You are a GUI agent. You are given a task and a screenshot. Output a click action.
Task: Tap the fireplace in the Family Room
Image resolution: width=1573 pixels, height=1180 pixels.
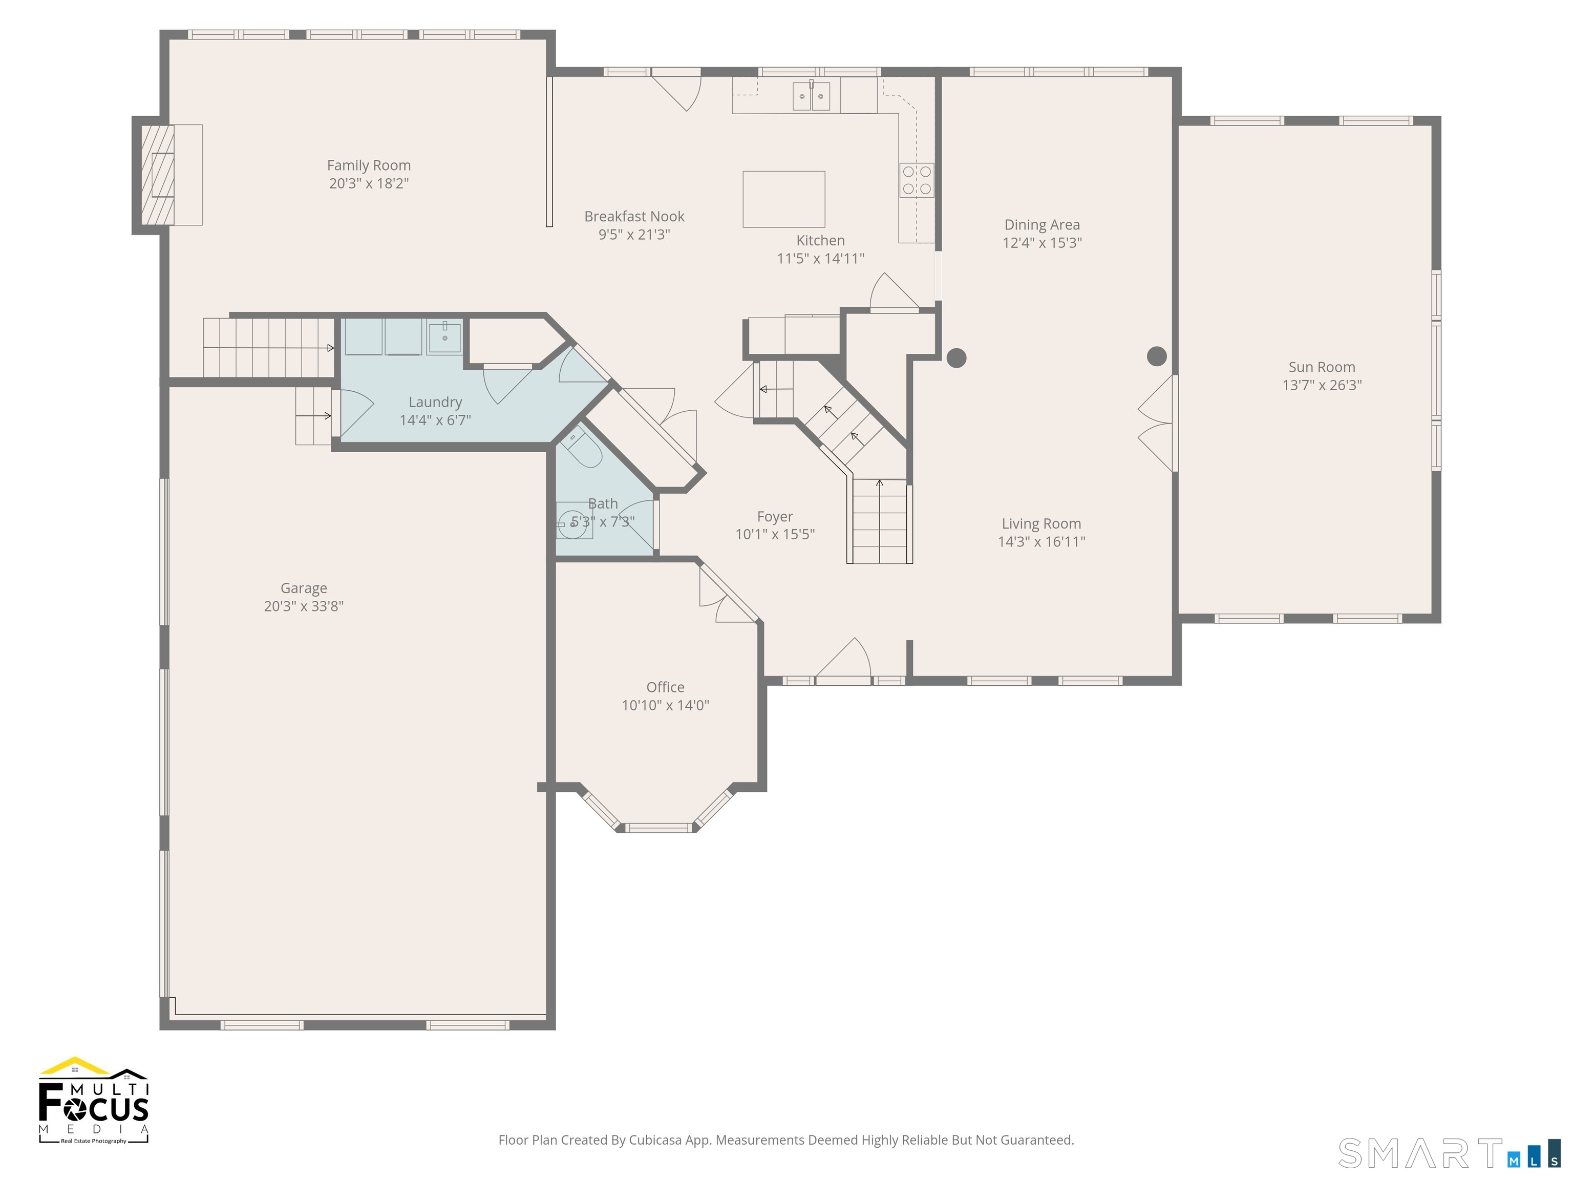click(158, 175)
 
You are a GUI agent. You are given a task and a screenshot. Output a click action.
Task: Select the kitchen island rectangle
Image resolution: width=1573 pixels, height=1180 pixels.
click(783, 199)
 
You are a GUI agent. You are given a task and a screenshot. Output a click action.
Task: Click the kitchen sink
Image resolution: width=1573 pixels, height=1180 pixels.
click(812, 95)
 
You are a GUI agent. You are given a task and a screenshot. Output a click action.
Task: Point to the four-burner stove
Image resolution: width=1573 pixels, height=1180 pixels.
click(917, 180)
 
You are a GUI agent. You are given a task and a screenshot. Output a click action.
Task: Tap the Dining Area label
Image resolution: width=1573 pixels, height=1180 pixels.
click(1042, 225)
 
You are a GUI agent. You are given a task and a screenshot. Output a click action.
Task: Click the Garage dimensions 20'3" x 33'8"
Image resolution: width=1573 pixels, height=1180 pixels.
click(304, 606)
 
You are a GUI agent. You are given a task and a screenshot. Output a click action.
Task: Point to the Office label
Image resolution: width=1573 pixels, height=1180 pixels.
click(665, 687)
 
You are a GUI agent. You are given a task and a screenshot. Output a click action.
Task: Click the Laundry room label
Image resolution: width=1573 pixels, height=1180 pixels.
click(435, 403)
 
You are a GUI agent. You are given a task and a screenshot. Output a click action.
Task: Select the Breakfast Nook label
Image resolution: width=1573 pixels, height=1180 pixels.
click(634, 216)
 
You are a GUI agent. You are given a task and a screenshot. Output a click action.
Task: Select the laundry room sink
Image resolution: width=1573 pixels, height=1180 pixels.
click(444, 336)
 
